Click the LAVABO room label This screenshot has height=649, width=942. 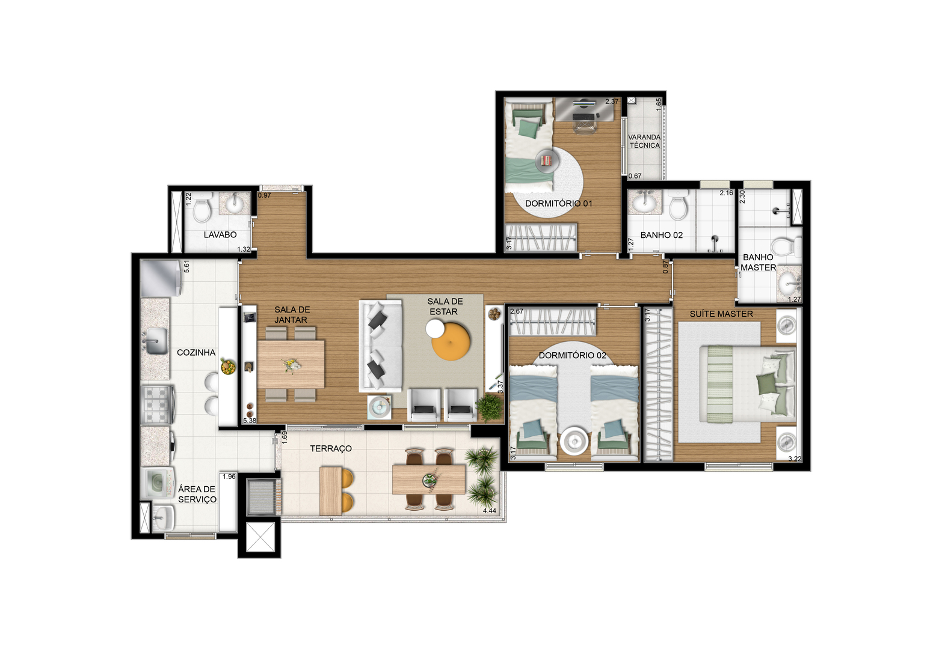click(x=220, y=235)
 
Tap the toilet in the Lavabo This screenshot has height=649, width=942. click(x=202, y=209)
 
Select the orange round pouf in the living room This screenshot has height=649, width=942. click(x=451, y=341)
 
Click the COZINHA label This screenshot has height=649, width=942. click(x=196, y=352)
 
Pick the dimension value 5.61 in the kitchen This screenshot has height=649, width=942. click(x=186, y=266)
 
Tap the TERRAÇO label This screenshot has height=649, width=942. click(x=331, y=449)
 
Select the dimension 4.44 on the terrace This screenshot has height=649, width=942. click(x=490, y=511)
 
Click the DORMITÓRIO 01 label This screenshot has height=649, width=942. click(x=558, y=204)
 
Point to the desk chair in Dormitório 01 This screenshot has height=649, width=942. click(x=584, y=125)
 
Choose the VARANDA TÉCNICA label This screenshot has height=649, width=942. click(x=644, y=141)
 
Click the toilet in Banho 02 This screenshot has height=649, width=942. click(x=678, y=206)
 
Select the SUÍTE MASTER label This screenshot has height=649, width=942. click(x=721, y=314)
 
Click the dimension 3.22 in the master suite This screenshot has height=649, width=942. click(x=795, y=459)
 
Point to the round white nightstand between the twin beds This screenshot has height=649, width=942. click(x=574, y=441)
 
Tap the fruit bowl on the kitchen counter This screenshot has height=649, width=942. click(x=229, y=367)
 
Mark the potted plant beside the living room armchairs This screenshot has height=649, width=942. click(x=490, y=407)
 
